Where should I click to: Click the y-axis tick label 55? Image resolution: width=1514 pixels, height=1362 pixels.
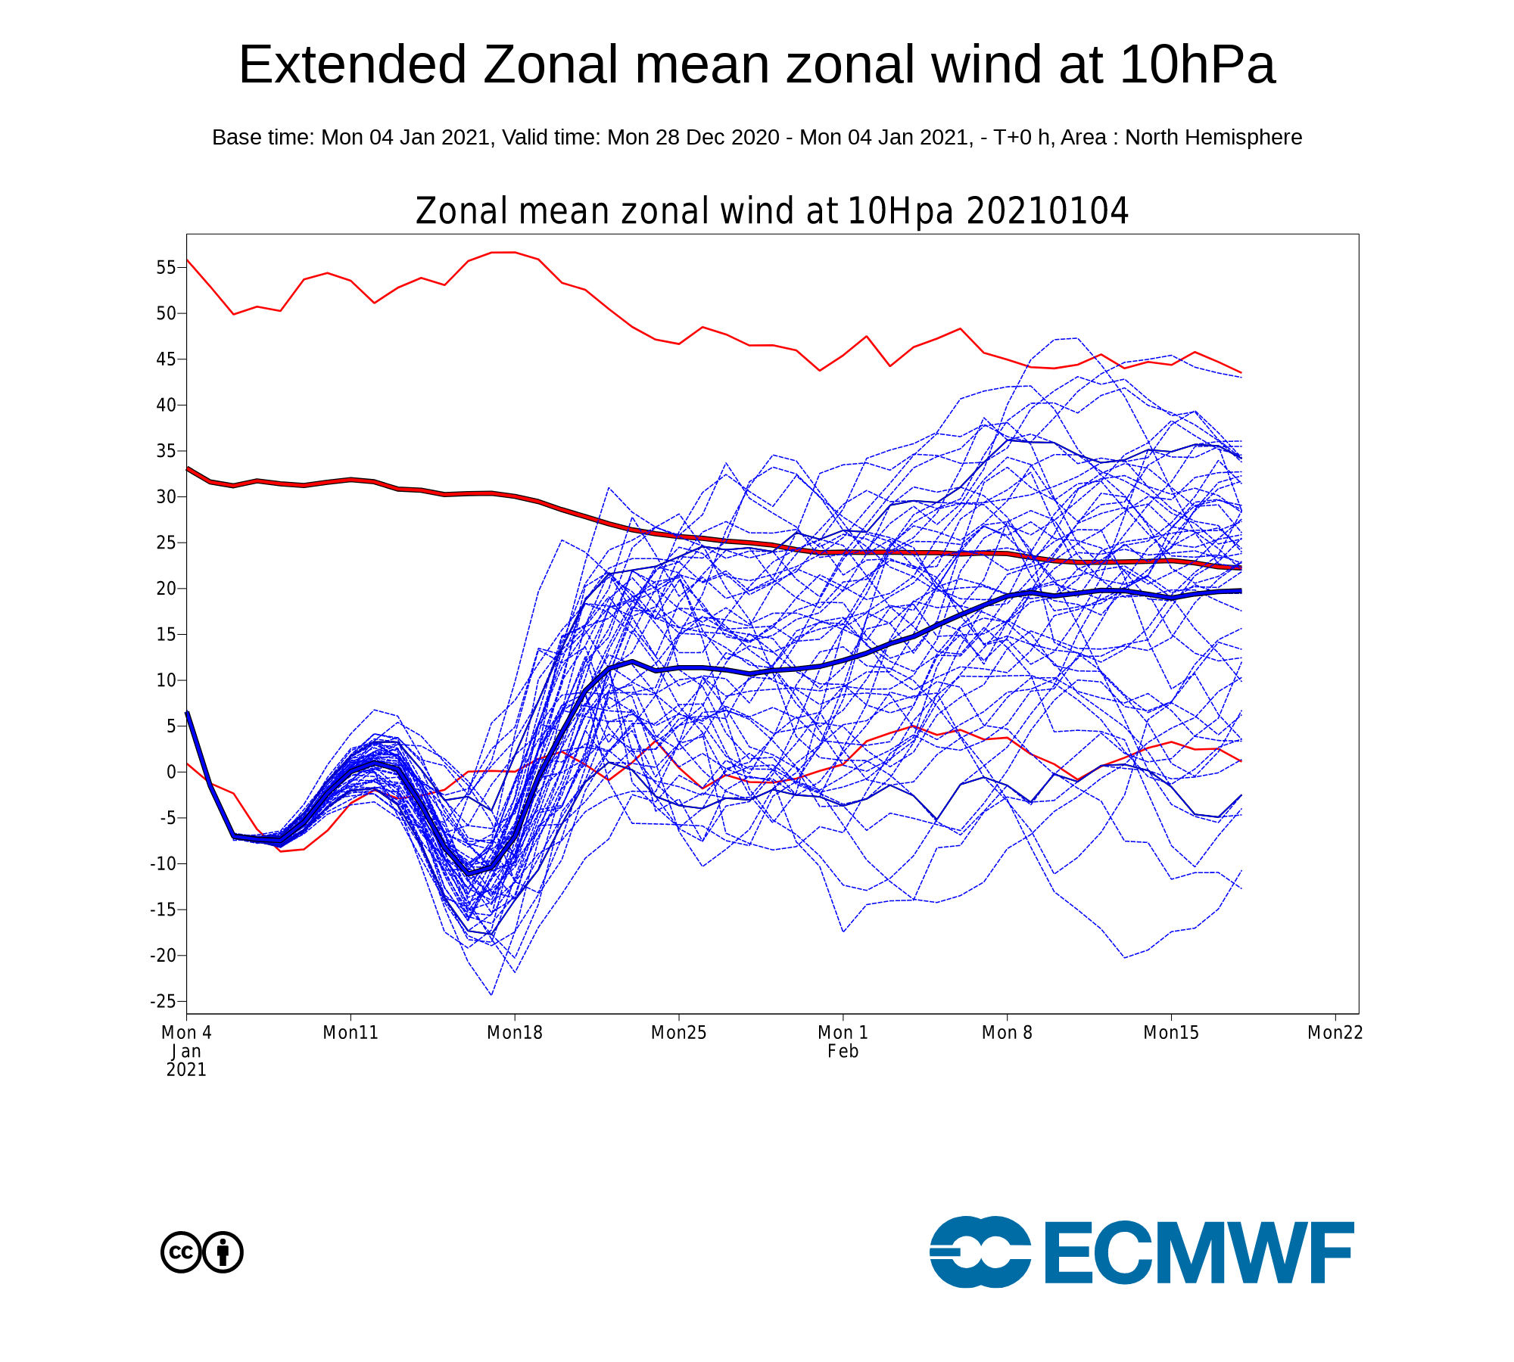click(166, 267)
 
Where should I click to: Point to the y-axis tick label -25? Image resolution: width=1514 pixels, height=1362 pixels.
click(163, 1001)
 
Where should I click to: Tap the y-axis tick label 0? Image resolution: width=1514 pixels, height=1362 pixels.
click(171, 772)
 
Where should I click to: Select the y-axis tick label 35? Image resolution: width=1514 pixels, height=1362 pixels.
click(166, 451)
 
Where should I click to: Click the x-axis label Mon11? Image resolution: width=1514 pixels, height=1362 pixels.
click(350, 1033)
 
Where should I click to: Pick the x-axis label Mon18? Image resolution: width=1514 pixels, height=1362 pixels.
click(515, 1033)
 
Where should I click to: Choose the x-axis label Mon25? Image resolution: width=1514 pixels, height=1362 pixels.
click(679, 1033)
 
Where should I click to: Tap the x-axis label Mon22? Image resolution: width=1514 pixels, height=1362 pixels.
click(1335, 1033)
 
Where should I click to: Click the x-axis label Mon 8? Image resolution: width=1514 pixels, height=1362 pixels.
click(1007, 1033)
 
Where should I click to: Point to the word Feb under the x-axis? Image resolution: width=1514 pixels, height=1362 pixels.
click(843, 1052)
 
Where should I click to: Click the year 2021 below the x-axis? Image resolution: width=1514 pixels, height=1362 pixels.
click(186, 1070)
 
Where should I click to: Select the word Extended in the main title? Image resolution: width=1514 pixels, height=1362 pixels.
click(352, 65)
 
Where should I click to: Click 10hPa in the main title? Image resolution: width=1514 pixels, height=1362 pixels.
click(1198, 65)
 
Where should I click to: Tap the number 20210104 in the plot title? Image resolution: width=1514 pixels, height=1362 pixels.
click(1048, 211)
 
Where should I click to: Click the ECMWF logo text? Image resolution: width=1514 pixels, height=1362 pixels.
click(1199, 1252)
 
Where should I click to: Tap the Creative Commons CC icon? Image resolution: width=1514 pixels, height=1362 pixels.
click(181, 1252)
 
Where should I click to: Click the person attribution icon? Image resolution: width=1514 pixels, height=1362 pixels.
click(223, 1252)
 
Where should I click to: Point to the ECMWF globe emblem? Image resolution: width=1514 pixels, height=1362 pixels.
click(980, 1252)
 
